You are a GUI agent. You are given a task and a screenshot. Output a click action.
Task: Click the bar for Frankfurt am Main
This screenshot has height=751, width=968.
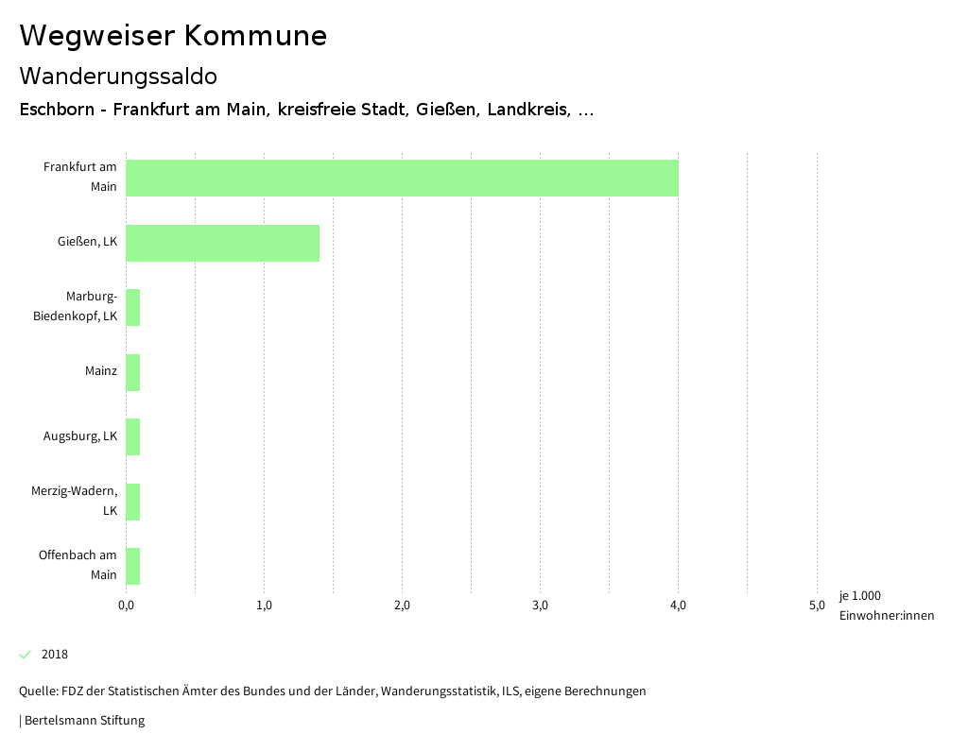[x=402, y=178]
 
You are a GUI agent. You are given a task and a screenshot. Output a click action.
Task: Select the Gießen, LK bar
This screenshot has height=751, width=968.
[x=222, y=243]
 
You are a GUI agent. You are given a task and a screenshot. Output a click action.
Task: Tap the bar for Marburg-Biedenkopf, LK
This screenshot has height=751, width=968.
[x=133, y=307]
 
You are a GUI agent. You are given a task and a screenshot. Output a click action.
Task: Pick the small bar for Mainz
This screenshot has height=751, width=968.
[x=133, y=372]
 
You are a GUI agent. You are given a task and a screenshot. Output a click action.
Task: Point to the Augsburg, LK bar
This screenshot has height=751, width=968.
[x=133, y=436]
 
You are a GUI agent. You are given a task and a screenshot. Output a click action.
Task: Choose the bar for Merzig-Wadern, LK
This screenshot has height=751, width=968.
[x=133, y=502]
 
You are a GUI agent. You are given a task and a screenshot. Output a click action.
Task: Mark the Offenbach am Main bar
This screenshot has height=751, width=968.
[x=133, y=566]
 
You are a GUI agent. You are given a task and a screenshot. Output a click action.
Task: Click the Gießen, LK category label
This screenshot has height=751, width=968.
[x=87, y=243]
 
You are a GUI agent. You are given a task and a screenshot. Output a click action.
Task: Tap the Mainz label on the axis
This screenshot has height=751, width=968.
[x=100, y=371]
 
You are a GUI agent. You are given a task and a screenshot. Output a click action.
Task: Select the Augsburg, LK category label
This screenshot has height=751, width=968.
[x=80, y=436]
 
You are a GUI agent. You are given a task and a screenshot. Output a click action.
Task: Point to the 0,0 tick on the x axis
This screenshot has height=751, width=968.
[x=126, y=606]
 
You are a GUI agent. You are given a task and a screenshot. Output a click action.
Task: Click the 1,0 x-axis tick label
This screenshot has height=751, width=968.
[x=264, y=606]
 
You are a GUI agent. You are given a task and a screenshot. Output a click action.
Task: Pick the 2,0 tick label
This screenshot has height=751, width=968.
[x=402, y=606]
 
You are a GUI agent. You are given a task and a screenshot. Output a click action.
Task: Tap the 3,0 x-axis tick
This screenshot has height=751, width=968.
[x=540, y=606]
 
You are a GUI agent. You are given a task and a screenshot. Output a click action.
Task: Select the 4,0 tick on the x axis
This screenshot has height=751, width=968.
[x=678, y=606]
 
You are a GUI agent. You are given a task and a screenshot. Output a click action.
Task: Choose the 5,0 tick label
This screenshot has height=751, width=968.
[x=817, y=606]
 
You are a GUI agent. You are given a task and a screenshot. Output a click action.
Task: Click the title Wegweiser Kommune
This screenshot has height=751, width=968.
[x=173, y=36]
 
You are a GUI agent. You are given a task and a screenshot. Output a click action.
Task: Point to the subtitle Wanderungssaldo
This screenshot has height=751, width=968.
[x=118, y=76]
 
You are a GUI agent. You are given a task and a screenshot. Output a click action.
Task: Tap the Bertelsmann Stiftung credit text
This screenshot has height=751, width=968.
[x=83, y=721]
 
